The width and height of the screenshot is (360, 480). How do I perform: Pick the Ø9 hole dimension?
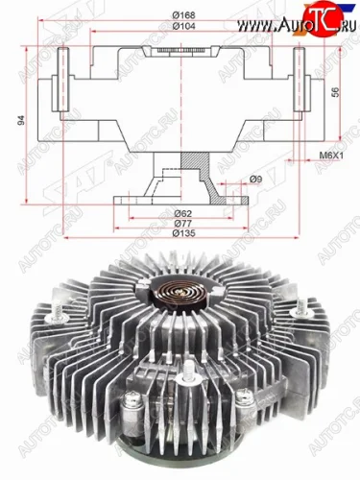253,179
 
